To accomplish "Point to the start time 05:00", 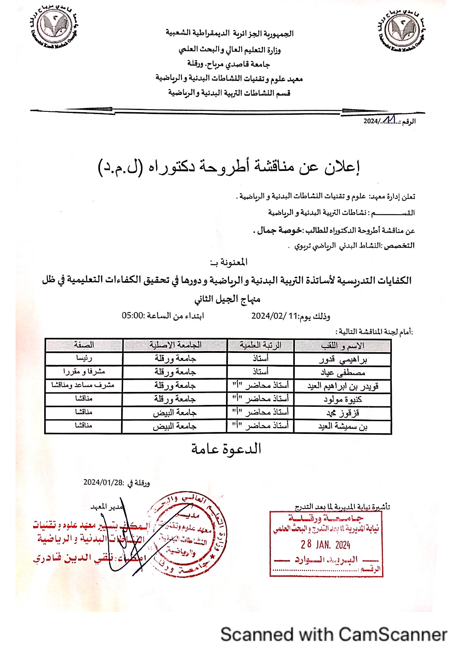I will coord(133,316).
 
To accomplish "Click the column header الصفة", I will coord(84,345).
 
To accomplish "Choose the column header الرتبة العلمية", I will coord(260,345).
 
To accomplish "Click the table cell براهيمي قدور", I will coord(343,359).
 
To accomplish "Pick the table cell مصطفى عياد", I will coord(343,373).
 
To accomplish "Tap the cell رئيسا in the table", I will coord(84,358).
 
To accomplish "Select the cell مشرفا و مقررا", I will coord(84,372).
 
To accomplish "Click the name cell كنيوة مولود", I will coord(343,399).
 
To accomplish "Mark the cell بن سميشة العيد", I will coord(343,426).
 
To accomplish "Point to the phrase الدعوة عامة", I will coord(226,449).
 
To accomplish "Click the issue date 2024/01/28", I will coord(103,482).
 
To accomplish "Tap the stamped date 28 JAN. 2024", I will coord(326,545).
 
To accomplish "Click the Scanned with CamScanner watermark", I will coord(333,635).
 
